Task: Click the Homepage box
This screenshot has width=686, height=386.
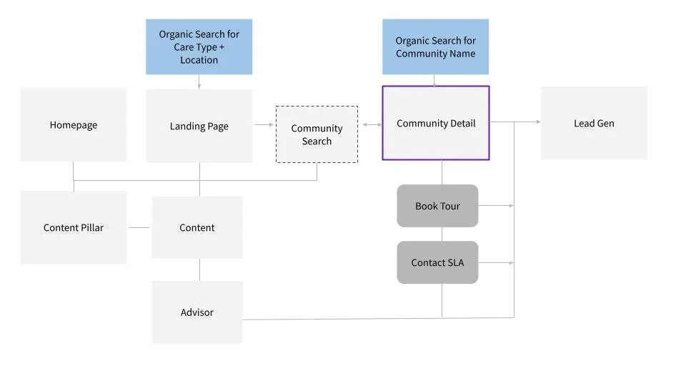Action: pos(74,125)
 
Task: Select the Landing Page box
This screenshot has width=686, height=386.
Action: pos(199,126)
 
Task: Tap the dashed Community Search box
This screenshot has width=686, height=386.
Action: pos(317,134)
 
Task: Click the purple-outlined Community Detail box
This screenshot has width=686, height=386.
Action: pos(436,123)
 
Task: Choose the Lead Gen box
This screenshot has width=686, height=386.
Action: pos(594,123)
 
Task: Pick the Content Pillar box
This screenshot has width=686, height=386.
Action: pos(74,227)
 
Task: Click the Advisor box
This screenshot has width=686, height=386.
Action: pos(197,312)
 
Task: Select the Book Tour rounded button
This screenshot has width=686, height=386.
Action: pos(437,206)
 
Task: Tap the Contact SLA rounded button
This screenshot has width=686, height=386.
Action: pos(437,262)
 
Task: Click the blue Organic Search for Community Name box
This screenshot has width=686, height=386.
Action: pos(435,47)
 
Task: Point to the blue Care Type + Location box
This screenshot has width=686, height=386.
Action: pos(199,47)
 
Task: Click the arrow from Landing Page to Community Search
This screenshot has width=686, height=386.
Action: pos(264,125)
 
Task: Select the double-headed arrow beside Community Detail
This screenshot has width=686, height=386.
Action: pos(372,125)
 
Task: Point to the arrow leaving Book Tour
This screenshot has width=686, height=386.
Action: pos(496,206)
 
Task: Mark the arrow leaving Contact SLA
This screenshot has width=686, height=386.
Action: pos(496,263)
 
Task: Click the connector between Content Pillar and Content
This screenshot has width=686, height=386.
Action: pos(139,227)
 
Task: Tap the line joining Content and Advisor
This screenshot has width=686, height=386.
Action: pos(199,269)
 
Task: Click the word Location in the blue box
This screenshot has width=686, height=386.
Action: pos(199,60)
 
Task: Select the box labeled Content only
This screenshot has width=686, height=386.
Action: pos(197,227)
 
